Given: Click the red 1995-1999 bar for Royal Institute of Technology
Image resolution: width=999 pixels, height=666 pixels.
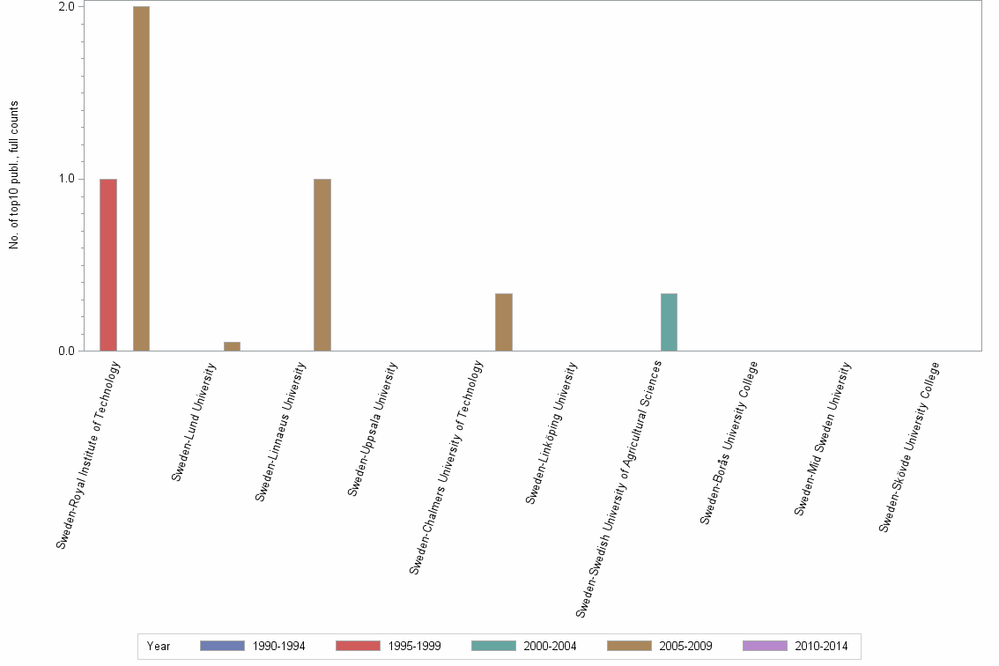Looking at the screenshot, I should coord(107,264).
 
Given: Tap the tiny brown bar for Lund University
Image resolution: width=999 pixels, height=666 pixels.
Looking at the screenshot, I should coord(232,346).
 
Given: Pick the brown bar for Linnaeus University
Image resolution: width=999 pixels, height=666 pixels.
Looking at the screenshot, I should coord(322,264).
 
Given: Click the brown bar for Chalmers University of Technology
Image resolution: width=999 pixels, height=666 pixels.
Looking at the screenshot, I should coord(504,322).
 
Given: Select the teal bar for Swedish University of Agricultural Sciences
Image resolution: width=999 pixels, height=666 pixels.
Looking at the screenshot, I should coord(669,322).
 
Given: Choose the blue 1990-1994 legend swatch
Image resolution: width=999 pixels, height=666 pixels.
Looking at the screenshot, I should coord(222,646).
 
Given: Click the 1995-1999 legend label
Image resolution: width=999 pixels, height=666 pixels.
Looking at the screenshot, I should coord(414,646).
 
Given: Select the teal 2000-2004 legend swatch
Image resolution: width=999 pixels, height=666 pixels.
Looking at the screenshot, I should coord(493,646).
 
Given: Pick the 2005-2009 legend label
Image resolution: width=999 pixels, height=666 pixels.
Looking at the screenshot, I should coord(685,646).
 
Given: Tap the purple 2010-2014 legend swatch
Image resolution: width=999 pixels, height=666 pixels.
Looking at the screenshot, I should coord(765,646).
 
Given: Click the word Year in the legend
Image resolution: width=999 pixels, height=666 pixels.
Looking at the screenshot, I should coord(159,646).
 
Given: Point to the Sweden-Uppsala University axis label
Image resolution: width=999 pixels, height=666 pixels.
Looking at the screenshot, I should coord(373,430).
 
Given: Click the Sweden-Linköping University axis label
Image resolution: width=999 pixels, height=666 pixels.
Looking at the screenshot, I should coord(551,433).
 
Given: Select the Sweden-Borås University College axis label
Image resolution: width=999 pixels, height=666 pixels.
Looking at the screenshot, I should coord(729,442).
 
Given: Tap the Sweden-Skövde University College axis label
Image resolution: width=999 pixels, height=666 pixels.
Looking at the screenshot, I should coord(909,447).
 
